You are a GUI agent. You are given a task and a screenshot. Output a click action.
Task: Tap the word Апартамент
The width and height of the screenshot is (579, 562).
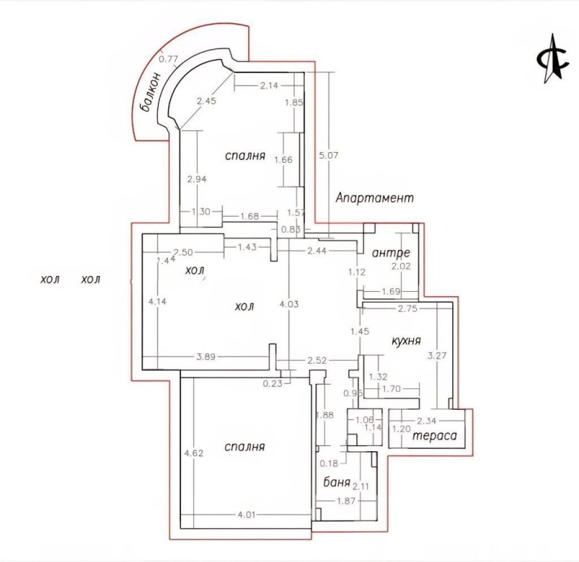point(374,197)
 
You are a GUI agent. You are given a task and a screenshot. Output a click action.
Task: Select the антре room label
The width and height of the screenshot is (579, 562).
point(391,253)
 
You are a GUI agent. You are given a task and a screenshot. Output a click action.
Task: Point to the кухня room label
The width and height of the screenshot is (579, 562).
point(406,340)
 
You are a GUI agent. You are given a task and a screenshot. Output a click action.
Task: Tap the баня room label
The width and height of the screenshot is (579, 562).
point(337,482)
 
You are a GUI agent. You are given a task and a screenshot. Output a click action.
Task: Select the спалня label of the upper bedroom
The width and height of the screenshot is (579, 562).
point(245,155)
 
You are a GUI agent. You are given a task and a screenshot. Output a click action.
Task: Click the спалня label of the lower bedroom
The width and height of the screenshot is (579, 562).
point(244,447)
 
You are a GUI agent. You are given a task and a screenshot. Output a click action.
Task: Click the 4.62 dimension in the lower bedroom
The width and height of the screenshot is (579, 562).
point(193,453)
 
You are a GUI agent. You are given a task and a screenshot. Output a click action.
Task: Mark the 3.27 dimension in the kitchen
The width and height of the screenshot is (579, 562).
point(436,356)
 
